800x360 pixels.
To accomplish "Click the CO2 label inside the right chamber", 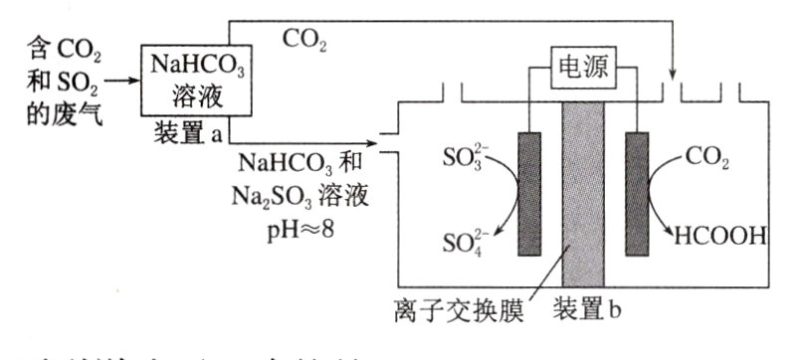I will click(x=708, y=156).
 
